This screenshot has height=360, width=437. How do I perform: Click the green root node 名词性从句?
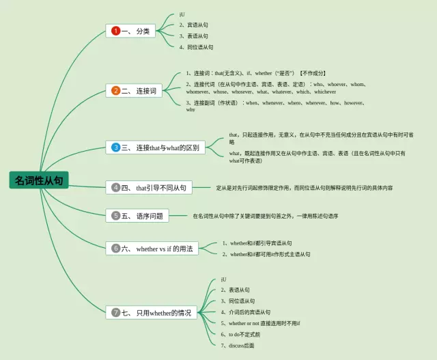[39, 180]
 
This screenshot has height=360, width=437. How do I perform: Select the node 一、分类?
[131, 31]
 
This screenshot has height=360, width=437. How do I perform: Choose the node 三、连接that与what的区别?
[156, 147]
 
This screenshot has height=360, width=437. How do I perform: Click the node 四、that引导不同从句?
[148, 187]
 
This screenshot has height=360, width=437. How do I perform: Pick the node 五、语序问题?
[138, 215]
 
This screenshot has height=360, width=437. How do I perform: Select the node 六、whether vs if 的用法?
[152, 249]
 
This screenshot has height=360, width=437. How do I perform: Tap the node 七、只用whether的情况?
[151, 312]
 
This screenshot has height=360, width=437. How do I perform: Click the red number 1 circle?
[116, 31]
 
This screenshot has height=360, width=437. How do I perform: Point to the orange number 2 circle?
[116, 90]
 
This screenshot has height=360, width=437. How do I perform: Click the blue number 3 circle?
[116, 147]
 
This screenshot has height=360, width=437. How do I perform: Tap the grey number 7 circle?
[116, 312]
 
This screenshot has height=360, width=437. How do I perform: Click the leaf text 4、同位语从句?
[196, 47]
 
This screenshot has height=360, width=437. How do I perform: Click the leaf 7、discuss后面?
[237, 346]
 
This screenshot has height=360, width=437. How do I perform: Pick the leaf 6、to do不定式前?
[240, 334]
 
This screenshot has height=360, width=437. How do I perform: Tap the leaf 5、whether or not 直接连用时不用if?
[260, 323]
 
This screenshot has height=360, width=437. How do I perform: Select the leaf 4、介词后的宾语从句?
[244, 312]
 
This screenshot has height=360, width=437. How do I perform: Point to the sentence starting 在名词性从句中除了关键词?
[265, 216]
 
